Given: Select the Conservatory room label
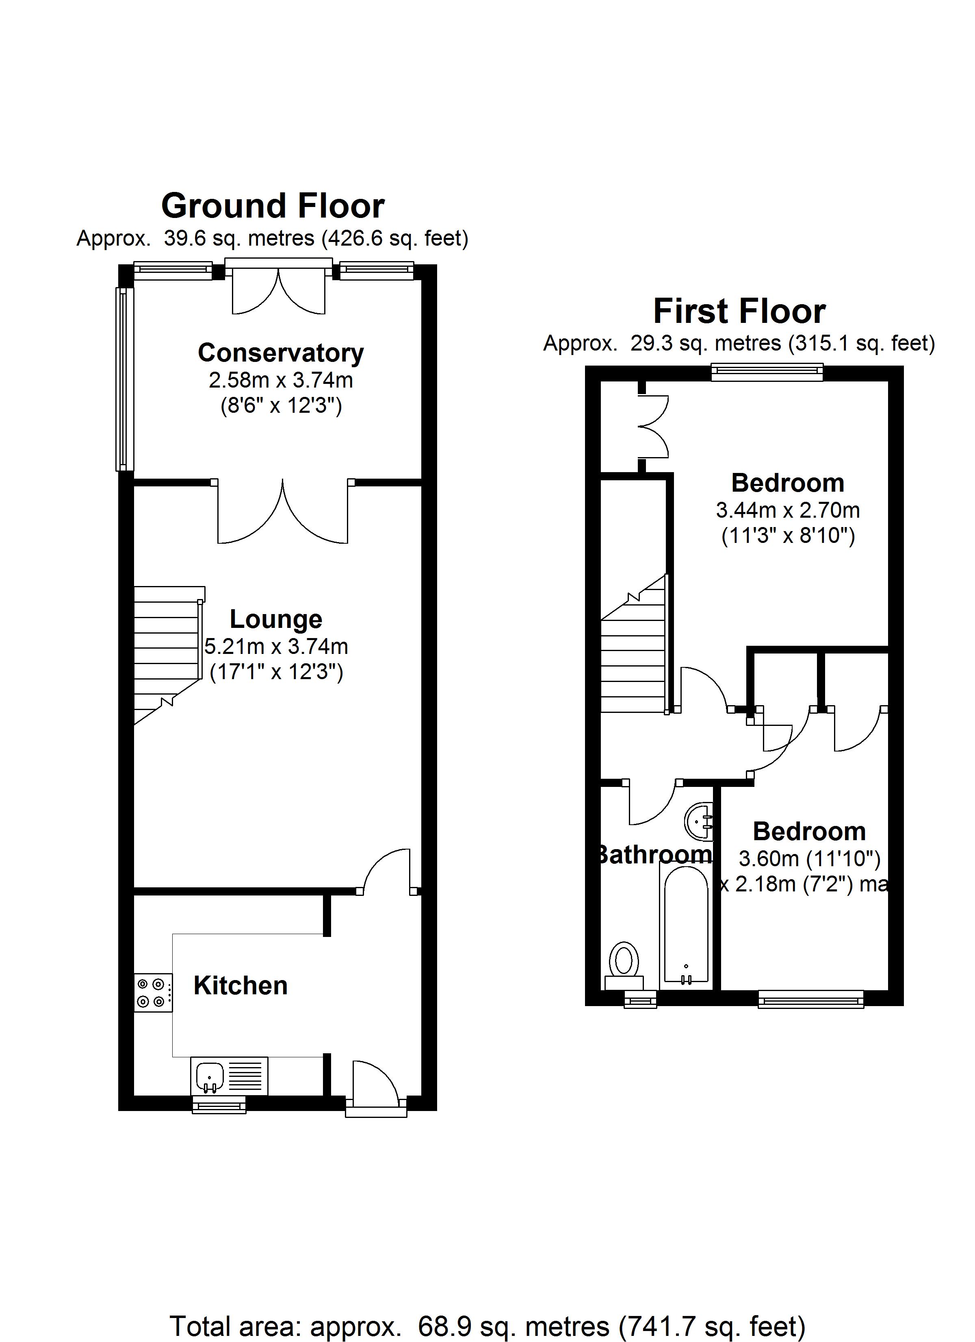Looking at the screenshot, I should tap(281, 353).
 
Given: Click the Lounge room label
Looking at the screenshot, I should tap(275, 619).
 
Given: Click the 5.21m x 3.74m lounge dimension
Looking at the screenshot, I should tap(276, 646).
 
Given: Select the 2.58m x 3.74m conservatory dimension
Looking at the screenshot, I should tap(281, 380).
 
